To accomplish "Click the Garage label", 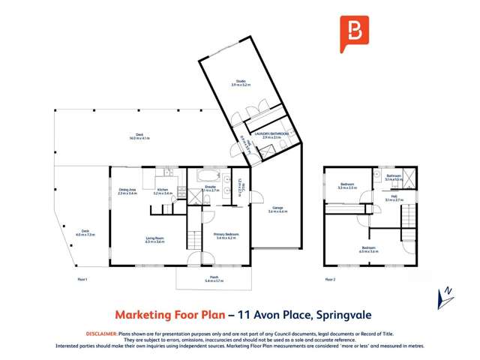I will pos(277,210).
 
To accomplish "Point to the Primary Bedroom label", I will pos(226,236).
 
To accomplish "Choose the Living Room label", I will pos(154,240).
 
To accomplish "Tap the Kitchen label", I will pos(163,191).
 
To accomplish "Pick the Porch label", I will pos(214,278).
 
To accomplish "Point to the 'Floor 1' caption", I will pos(82,279).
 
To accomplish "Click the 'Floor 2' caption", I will pos(330,279).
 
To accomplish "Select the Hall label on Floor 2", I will pos(394,198).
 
